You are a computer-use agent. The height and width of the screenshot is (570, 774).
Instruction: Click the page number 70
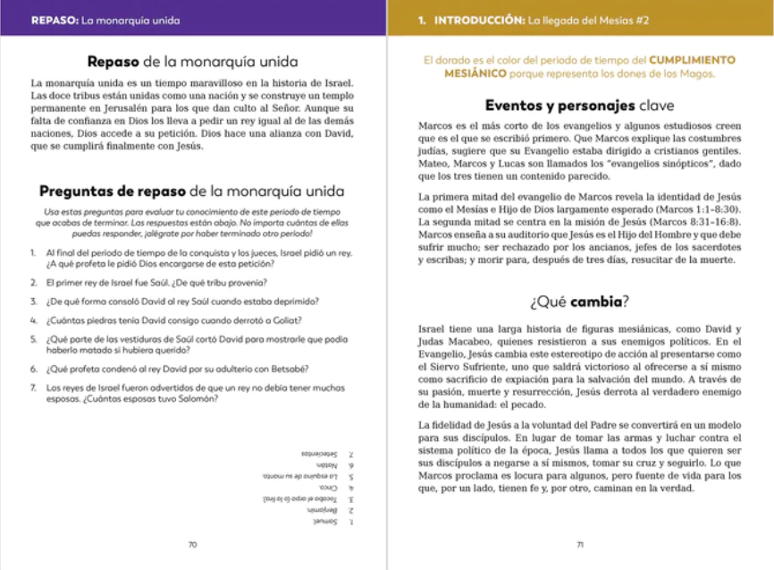[193, 545]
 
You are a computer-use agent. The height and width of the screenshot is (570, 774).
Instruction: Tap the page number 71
[580, 545]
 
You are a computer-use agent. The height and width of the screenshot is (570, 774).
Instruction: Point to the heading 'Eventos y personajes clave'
[580, 105]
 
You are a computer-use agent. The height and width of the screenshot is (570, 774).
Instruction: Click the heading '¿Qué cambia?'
[580, 301]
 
